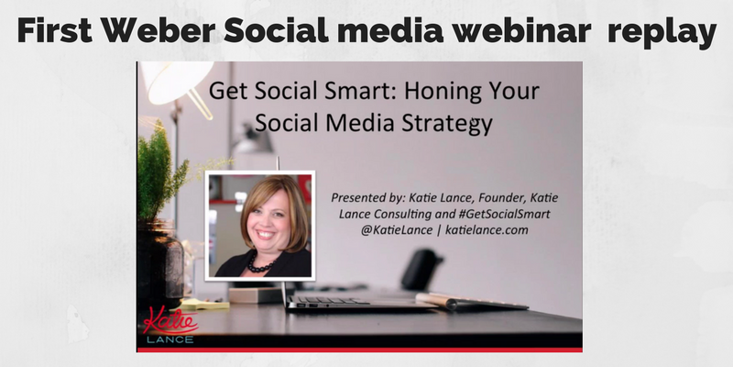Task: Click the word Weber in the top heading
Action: (x=159, y=30)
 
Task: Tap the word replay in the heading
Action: (x=662, y=33)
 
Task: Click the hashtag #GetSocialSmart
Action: (x=504, y=215)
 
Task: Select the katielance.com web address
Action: (x=487, y=230)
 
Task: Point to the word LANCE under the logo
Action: (x=170, y=339)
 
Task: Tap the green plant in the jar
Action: (x=160, y=172)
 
